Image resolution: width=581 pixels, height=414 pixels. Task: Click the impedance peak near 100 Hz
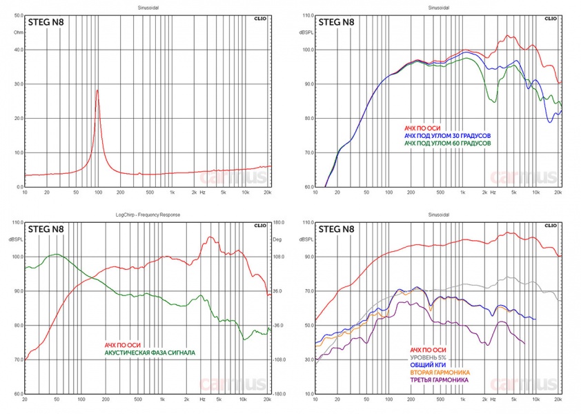tap(97, 90)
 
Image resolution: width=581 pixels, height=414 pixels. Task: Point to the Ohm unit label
tap(18, 32)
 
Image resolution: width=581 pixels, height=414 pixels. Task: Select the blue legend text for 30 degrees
tap(447, 136)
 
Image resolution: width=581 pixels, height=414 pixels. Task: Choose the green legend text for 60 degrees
tap(447, 144)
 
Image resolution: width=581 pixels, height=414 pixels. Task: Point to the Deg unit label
tap(278, 239)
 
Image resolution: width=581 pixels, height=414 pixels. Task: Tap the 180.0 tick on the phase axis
tap(279, 222)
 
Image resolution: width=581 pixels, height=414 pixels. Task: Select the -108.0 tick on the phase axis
tap(279, 360)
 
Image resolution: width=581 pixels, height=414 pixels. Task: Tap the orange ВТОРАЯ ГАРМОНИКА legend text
tap(444, 373)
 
